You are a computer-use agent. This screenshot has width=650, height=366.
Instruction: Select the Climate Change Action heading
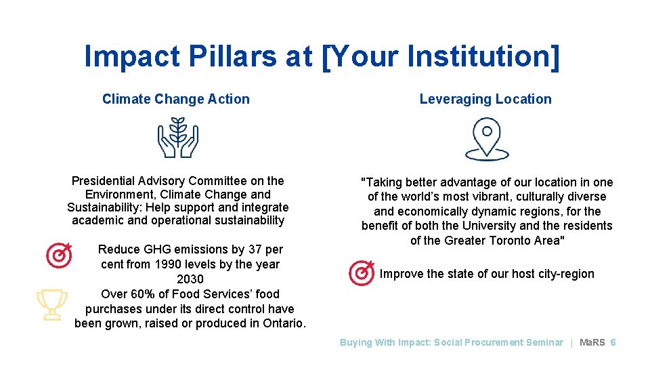click(x=176, y=99)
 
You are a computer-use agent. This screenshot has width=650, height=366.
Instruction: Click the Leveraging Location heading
click(x=485, y=99)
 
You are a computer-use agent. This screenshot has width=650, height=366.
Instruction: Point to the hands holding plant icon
click(x=178, y=137)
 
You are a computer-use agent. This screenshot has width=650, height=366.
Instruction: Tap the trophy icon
click(x=51, y=304)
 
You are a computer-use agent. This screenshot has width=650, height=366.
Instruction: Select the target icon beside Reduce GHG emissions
click(x=60, y=256)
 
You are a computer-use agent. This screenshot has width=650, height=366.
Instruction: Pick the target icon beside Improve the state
click(x=361, y=273)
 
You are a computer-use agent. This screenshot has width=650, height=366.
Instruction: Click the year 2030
click(x=190, y=279)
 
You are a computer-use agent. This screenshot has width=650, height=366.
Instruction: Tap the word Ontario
click(x=281, y=323)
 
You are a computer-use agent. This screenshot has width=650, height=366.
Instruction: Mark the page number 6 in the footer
click(x=613, y=342)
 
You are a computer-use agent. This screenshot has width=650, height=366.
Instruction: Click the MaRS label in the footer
click(x=592, y=342)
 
